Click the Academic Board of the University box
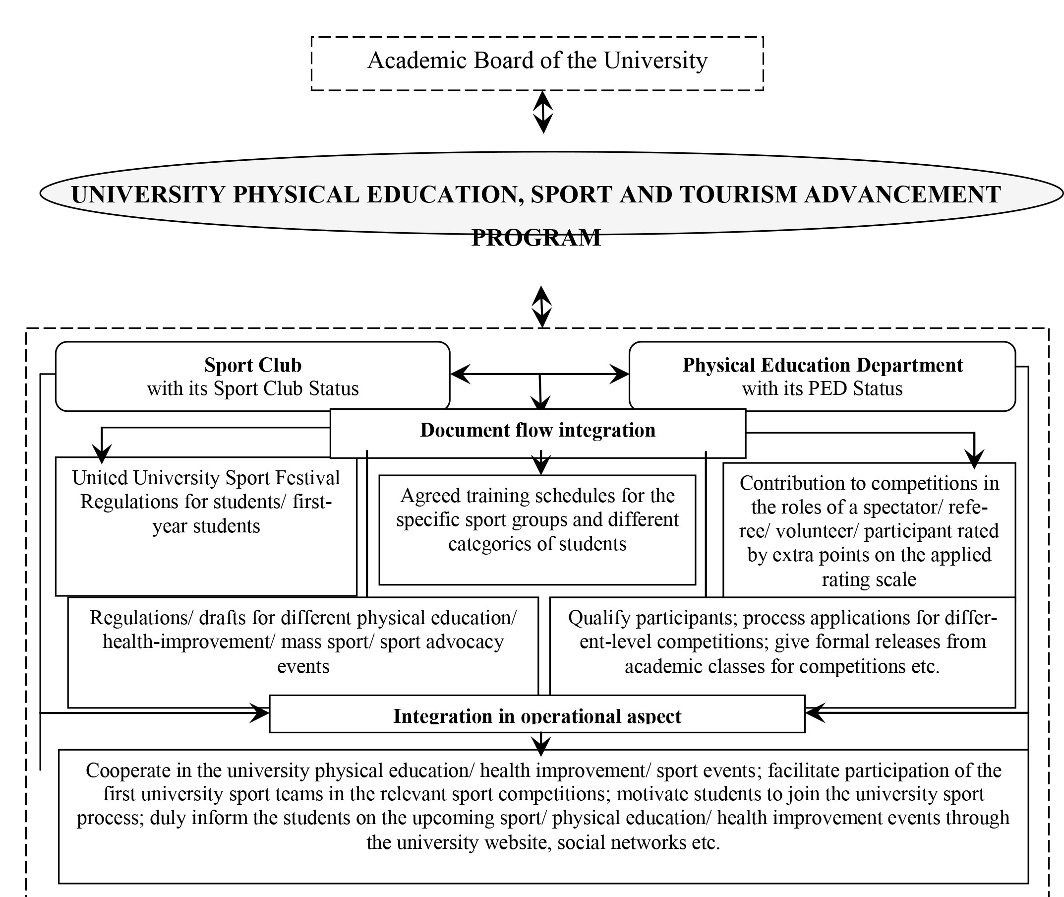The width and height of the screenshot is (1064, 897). click(x=537, y=63)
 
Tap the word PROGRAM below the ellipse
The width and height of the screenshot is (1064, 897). click(x=536, y=238)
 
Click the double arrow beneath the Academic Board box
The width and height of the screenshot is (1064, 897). click(x=543, y=112)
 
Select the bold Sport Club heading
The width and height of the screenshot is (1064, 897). click(x=252, y=365)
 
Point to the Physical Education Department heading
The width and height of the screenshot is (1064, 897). click(x=822, y=365)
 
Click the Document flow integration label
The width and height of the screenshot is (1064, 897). click(x=537, y=430)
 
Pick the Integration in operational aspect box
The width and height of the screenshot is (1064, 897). click(x=537, y=714)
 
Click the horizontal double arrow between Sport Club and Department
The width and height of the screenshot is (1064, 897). click(x=539, y=374)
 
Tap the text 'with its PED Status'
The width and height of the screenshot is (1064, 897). click(x=822, y=388)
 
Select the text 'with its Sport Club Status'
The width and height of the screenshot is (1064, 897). click(x=252, y=388)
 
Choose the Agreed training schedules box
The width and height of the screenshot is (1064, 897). click(x=537, y=529)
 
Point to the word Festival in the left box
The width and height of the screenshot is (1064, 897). click(x=307, y=478)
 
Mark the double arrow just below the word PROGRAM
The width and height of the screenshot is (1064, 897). click(x=541, y=306)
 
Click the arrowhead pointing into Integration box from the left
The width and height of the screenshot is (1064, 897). click(x=259, y=713)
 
